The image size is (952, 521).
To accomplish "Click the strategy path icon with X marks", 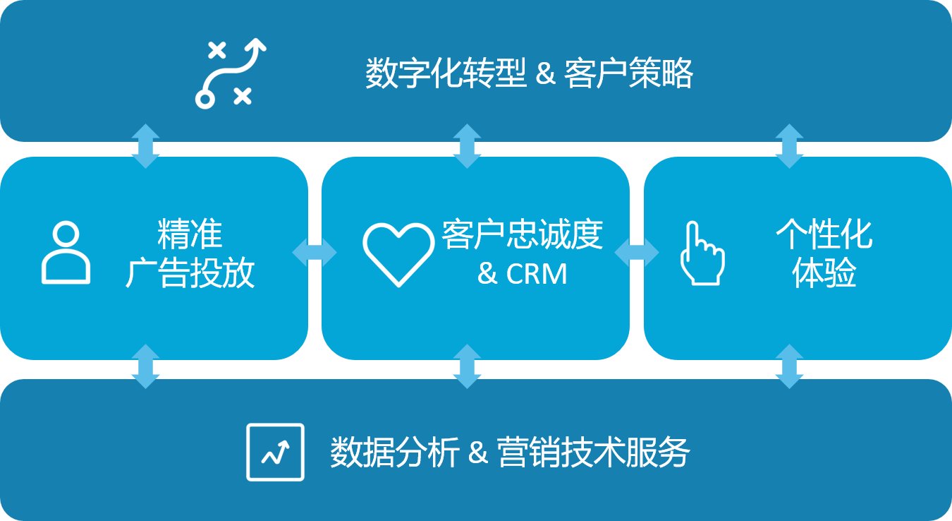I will [x=230, y=73].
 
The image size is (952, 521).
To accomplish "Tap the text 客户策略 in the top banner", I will [x=629, y=73].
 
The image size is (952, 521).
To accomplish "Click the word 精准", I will [x=190, y=234].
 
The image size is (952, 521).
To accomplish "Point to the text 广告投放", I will [x=190, y=273].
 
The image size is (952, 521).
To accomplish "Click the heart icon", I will [x=398, y=254].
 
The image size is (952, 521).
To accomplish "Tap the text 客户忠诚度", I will [x=522, y=234].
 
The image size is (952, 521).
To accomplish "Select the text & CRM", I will [x=522, y=274].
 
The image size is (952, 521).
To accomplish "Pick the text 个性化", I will [x=824, y=234].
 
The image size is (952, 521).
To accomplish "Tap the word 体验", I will [x=824, y=274].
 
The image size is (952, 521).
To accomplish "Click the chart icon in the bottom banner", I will [x=275, y=452].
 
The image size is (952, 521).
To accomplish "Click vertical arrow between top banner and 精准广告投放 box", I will [x=145, y=146].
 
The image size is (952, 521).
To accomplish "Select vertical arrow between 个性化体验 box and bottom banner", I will [x=789, y=366].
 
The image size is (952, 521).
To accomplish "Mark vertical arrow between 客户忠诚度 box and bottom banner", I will [x=467, y=366].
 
